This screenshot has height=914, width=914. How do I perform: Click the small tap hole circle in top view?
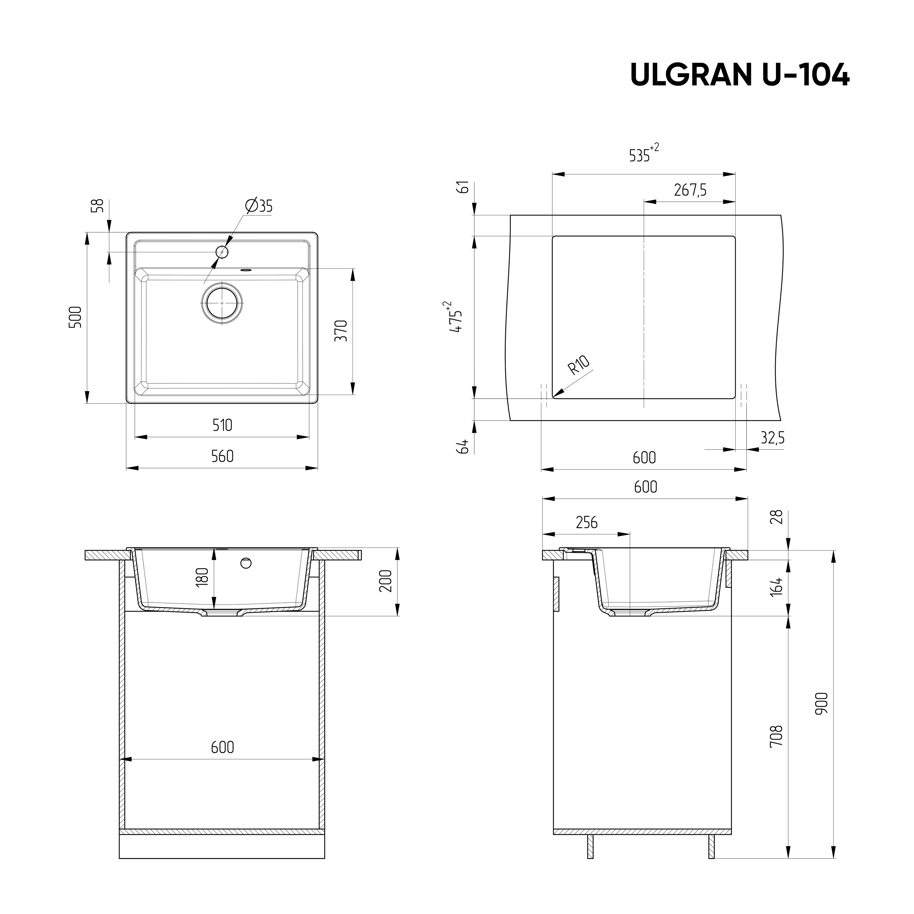tap(222, 252)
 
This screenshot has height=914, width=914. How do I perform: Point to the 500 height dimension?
tap(76, 317)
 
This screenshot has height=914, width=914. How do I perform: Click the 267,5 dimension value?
tap(690, 190)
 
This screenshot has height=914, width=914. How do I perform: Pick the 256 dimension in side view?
tap(587, 522)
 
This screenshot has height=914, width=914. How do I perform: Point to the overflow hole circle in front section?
tap(246, 563)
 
